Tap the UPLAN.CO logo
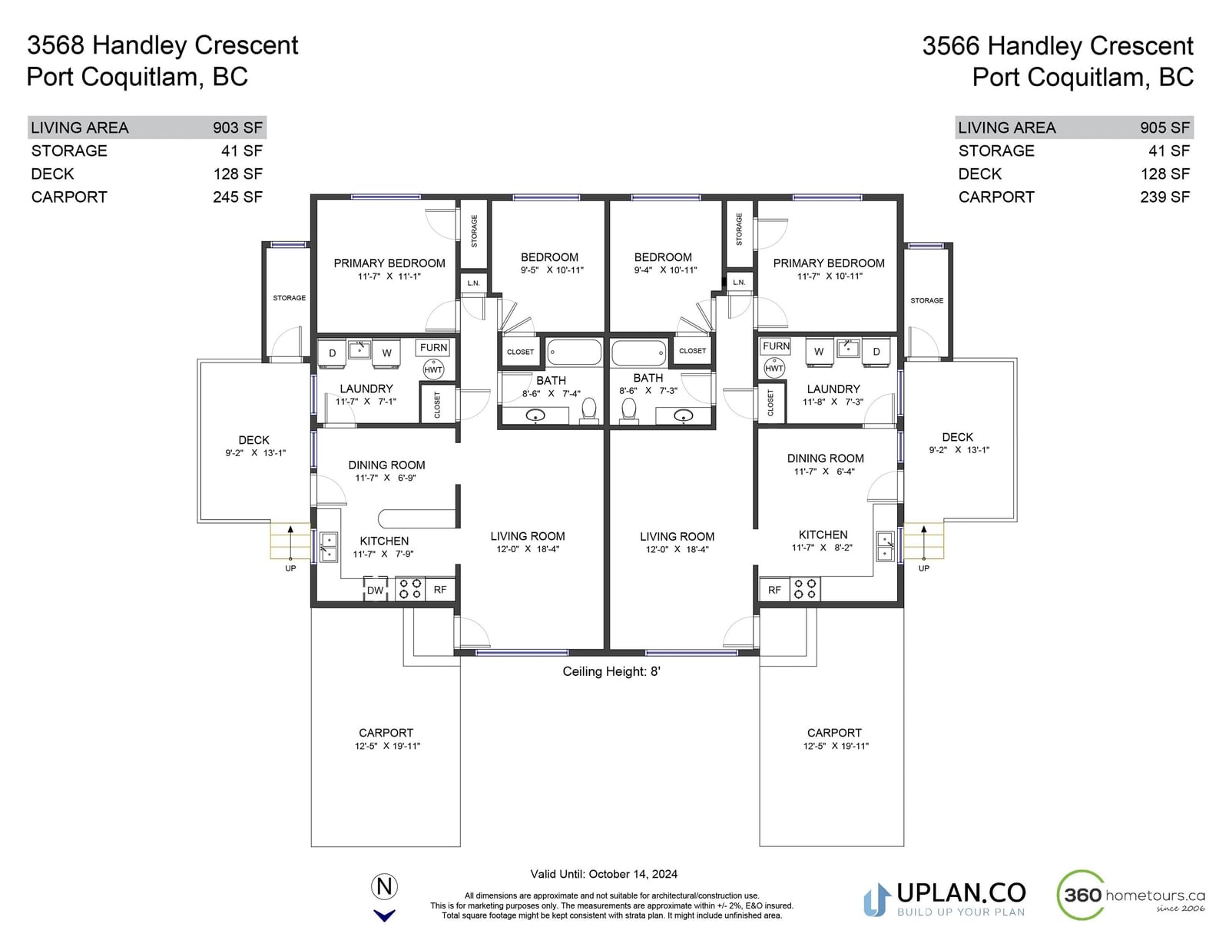coord(945,899)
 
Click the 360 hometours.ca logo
coord(1131,895)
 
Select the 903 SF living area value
coord(237,127)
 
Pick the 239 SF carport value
coord(1165,197)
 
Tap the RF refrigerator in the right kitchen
coord(774,590)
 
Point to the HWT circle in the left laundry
coord(433,370)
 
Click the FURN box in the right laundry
coord(776,346)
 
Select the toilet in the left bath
coord(588,409)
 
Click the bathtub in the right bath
coord(639,353)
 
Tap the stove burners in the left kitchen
coord(410,588)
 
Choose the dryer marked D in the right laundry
coord(876,352)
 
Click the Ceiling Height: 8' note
coord(611,671)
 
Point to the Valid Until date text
coord(604,874)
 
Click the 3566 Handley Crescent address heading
coord(1058,46)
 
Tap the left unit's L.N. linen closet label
coord(473,283)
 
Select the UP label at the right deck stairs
coord(923,568)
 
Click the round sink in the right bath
coord(683,416)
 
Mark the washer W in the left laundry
coord(387,353)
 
